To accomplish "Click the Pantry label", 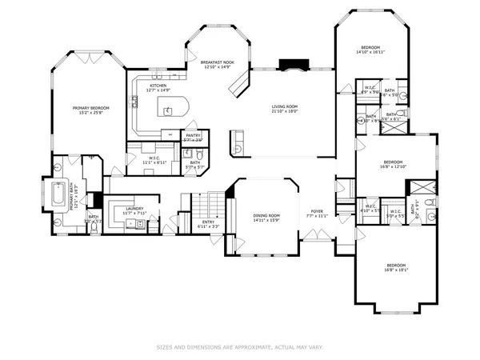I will [194, 136].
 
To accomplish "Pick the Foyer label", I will [318, 211].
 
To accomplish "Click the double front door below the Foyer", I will [317, 235].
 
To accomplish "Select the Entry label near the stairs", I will [207, 222].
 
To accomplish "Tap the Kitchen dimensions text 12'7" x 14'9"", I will [158, 90].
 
